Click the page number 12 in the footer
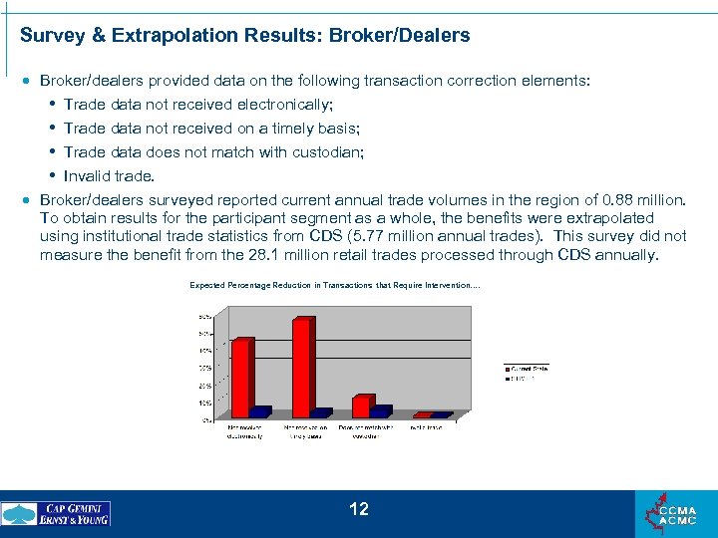point(359,509)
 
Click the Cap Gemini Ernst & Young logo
point(57,513)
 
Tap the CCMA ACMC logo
point(675,513)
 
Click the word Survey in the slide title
point(51,36)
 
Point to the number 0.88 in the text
point(616,200)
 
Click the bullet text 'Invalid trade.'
point(109,176)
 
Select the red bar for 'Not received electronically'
point(241,377)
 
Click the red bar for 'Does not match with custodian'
point(363,405)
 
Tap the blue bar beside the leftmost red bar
point(261,411)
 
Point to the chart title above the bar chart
point(335,286)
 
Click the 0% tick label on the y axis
point(204,419)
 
